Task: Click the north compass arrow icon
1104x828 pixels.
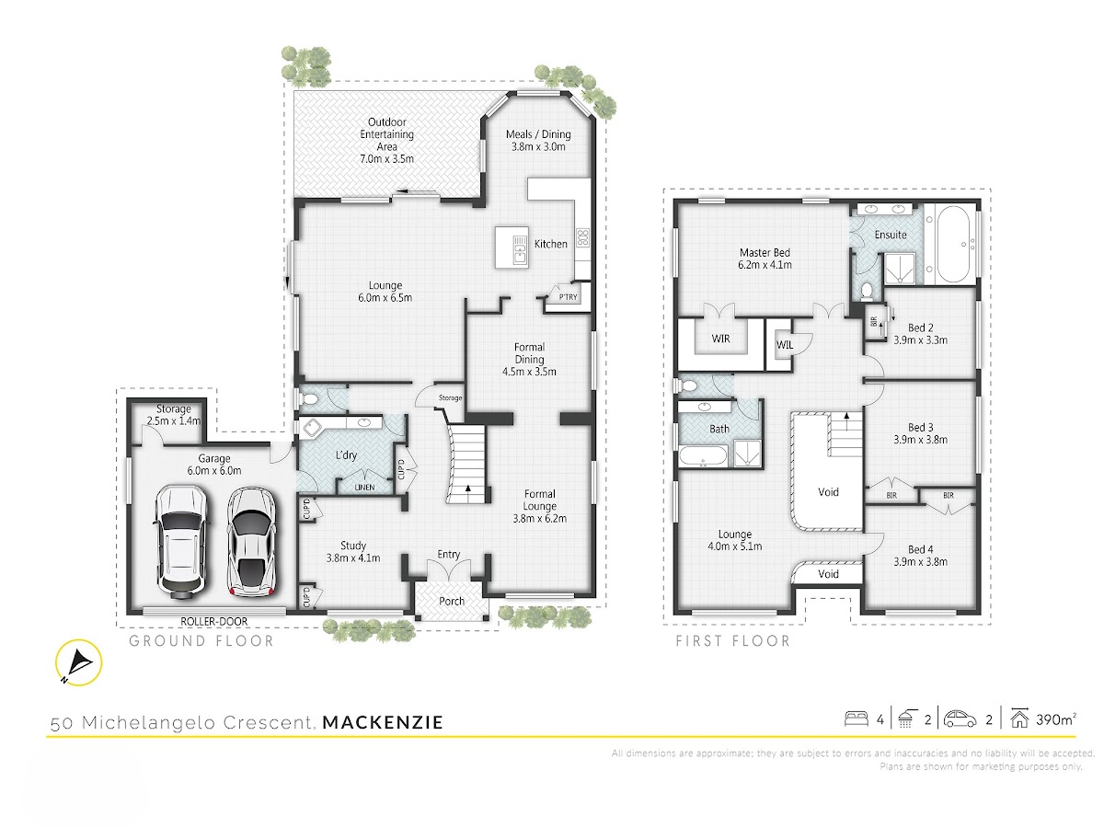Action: (78, 661)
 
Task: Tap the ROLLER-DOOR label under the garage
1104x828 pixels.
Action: (213, 621)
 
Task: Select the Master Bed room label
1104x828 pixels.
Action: (765, 252)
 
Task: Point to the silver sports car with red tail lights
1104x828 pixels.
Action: (251, 542)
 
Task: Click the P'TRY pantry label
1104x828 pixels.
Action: (569, 297)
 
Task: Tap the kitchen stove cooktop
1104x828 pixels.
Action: (582, 237)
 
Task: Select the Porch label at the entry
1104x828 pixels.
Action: (452, 601)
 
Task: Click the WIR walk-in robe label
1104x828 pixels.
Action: (720, 339)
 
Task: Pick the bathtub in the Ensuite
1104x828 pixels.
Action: (950, 245)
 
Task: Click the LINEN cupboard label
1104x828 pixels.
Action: (364, 488)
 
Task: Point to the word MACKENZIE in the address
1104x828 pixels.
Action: (383, 722)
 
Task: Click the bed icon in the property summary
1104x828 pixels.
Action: (856, 719)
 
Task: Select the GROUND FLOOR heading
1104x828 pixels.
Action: (201, 641)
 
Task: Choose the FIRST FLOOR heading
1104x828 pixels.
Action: (733, 641)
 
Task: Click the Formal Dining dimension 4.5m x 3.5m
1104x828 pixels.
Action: (529, 372)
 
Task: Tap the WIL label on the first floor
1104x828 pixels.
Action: (785, 345)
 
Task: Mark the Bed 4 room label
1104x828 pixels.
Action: (920, 549)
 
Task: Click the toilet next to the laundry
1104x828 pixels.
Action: (309, 399)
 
